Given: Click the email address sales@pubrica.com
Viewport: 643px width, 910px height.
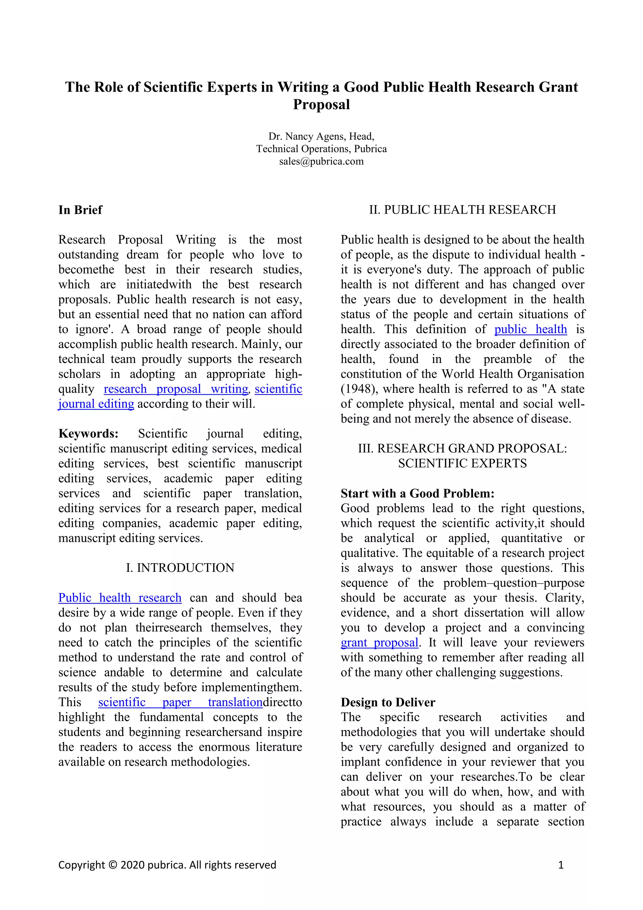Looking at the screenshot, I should coord(321,161).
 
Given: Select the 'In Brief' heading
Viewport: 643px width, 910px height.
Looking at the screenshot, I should coord(80,210).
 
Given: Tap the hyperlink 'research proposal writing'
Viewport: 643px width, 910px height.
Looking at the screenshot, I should coord(176,389).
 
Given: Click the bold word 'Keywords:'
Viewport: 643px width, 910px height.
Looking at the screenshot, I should coord(88,434).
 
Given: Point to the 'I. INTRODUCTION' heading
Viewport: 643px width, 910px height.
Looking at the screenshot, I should coord(180,567).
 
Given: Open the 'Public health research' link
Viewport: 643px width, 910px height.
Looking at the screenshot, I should coord(120,598).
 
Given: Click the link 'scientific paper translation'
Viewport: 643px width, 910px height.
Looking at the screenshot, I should coord(180,702).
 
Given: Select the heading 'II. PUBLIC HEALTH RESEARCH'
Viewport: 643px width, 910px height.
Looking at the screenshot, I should coord(462,210).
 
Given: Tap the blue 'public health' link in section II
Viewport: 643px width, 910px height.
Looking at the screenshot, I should coord(531,329).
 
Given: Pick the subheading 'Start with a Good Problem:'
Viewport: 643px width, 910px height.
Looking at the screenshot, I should coord(417,493).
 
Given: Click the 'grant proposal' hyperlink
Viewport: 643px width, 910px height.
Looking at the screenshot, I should coord(379,643).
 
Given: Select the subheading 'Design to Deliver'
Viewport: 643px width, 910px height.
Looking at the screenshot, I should coord(388,702).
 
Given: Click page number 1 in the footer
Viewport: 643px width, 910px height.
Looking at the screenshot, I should coord(561,865).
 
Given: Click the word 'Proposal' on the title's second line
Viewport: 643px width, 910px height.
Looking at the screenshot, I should coord(321,105).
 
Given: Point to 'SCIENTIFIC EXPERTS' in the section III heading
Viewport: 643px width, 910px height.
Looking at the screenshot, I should coord(462,463).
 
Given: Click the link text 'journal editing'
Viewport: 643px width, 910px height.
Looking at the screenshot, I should coord(96,404).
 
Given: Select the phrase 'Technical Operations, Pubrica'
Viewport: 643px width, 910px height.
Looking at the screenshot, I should coord(321,149).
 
